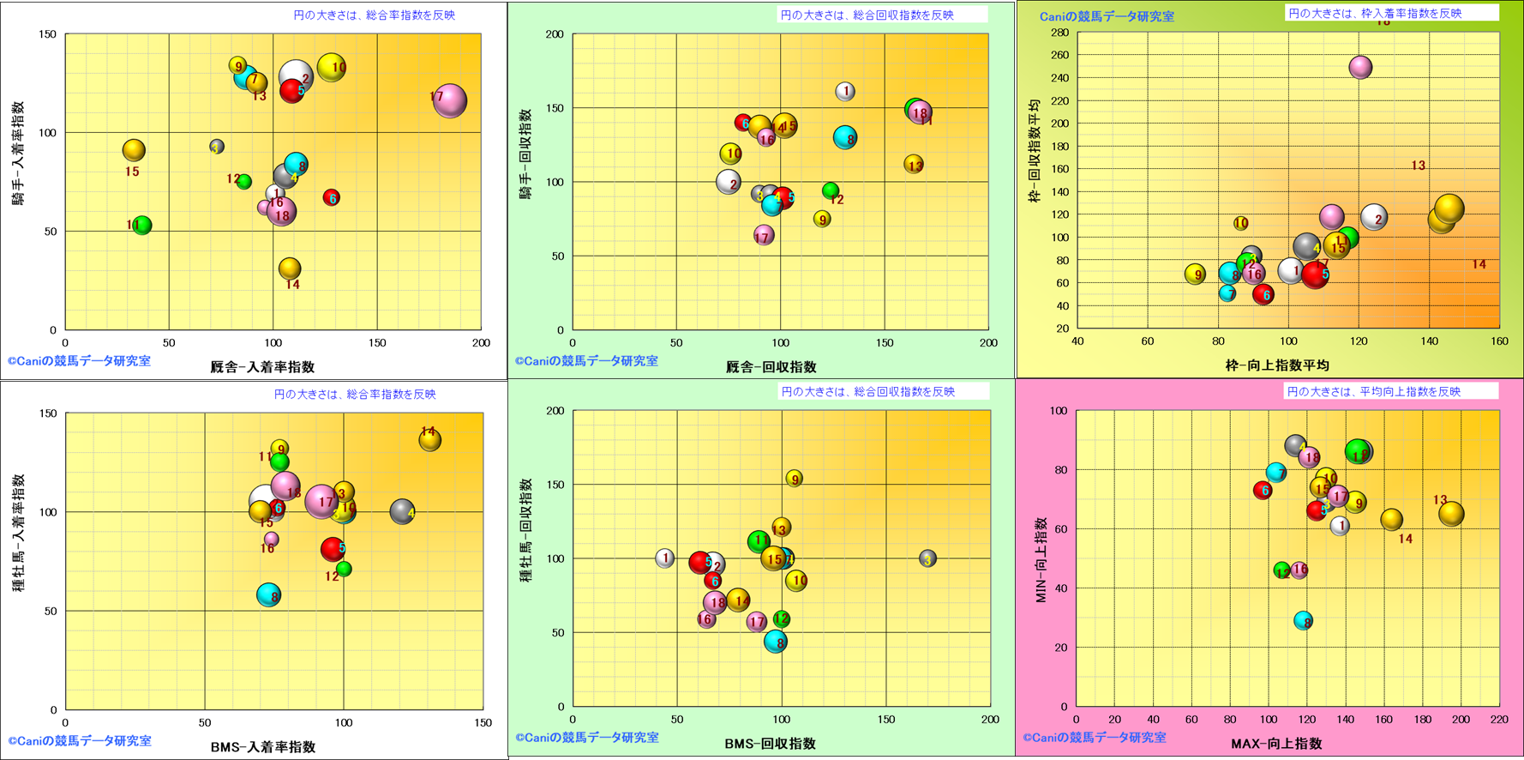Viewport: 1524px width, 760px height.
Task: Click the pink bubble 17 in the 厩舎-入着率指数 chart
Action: point(449,100)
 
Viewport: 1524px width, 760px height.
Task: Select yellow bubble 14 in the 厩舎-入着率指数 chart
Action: point(291,268)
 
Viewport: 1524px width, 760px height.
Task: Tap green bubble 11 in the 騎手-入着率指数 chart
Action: point(142,225)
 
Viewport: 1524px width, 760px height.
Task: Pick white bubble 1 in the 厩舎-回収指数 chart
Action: point(845,91)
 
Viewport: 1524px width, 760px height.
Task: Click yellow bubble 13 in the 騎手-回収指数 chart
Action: point(914,164)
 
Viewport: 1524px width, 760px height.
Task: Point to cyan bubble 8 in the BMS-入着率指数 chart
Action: point(269,595)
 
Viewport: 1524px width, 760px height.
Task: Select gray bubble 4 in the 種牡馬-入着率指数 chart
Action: point(402,512)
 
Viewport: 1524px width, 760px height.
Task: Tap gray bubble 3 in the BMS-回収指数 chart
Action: point(927,558)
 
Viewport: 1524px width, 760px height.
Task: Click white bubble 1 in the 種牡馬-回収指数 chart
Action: point(665,558)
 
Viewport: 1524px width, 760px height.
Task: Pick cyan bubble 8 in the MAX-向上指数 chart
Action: point(1303,621)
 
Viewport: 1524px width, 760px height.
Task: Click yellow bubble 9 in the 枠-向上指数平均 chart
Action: point(1195,274)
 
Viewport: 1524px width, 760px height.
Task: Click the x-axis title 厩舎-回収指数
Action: point(771,367)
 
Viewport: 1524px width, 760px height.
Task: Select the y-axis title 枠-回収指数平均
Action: point(1035,150)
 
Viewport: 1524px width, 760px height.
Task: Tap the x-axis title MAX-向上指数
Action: point(1276,744)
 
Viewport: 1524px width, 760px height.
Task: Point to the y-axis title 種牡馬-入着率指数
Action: point(18,533)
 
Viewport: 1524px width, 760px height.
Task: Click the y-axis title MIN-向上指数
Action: point(1041,559)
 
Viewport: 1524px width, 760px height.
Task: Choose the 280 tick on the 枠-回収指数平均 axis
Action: point(1059,33)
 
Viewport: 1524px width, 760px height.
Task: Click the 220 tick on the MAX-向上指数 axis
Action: point(1498,721)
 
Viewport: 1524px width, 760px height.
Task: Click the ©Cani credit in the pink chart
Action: point(1094,738)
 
